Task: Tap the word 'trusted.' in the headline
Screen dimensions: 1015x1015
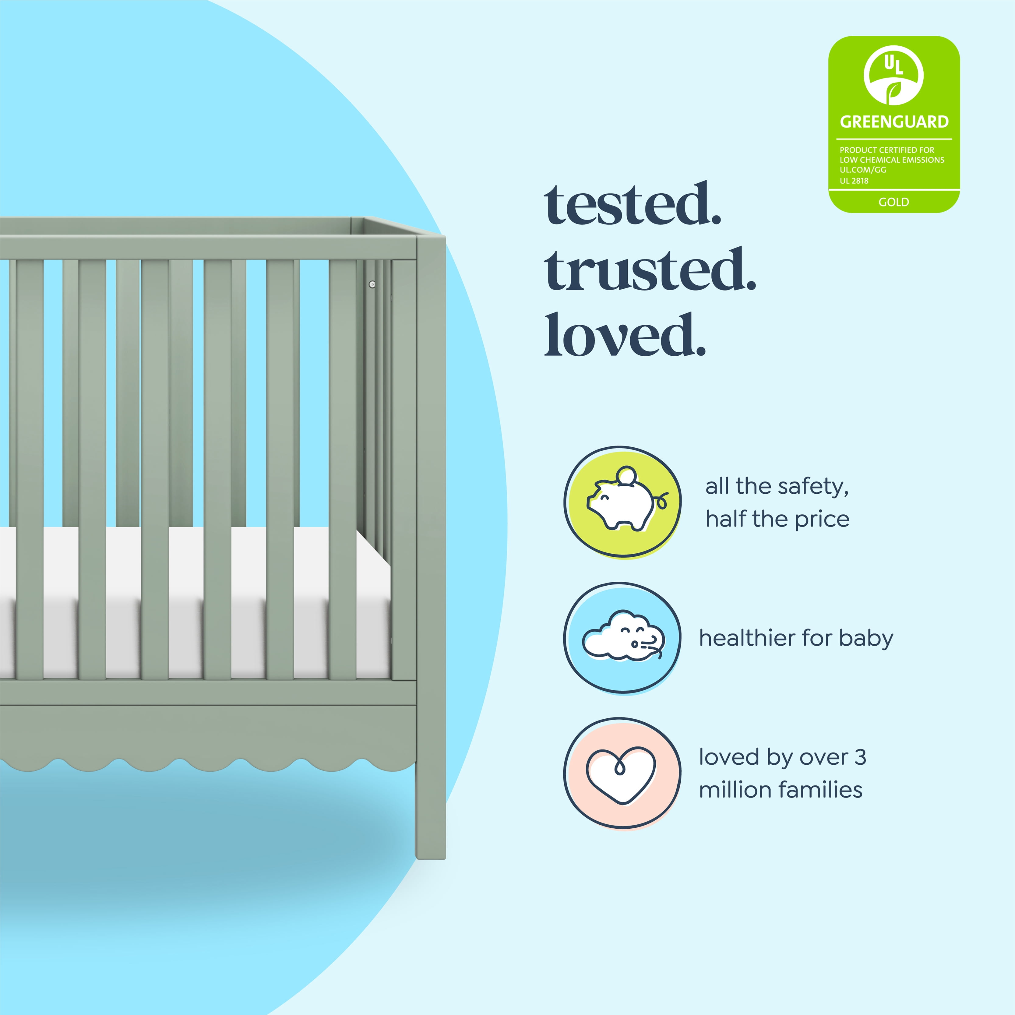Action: pos(650,270)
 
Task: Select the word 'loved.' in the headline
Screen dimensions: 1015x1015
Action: pos(625,335)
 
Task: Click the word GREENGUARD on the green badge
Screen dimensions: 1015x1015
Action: pos(894,122)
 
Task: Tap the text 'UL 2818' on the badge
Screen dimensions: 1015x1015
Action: pos(854,181)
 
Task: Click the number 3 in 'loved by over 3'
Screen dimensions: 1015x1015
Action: pos(860,757)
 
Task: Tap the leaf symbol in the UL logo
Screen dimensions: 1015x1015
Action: pos(893,92)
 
